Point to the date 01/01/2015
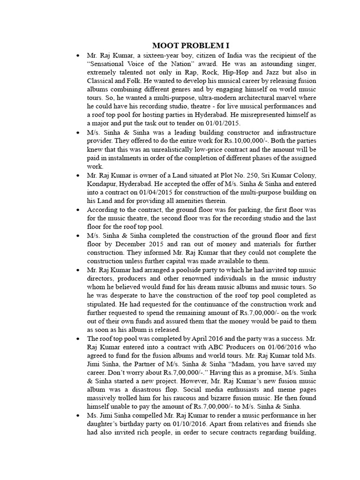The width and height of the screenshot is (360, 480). click(x=223, y=123)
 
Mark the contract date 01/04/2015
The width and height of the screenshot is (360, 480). click(x=171, y=192)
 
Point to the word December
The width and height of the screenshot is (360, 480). click(x=124, y=244)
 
